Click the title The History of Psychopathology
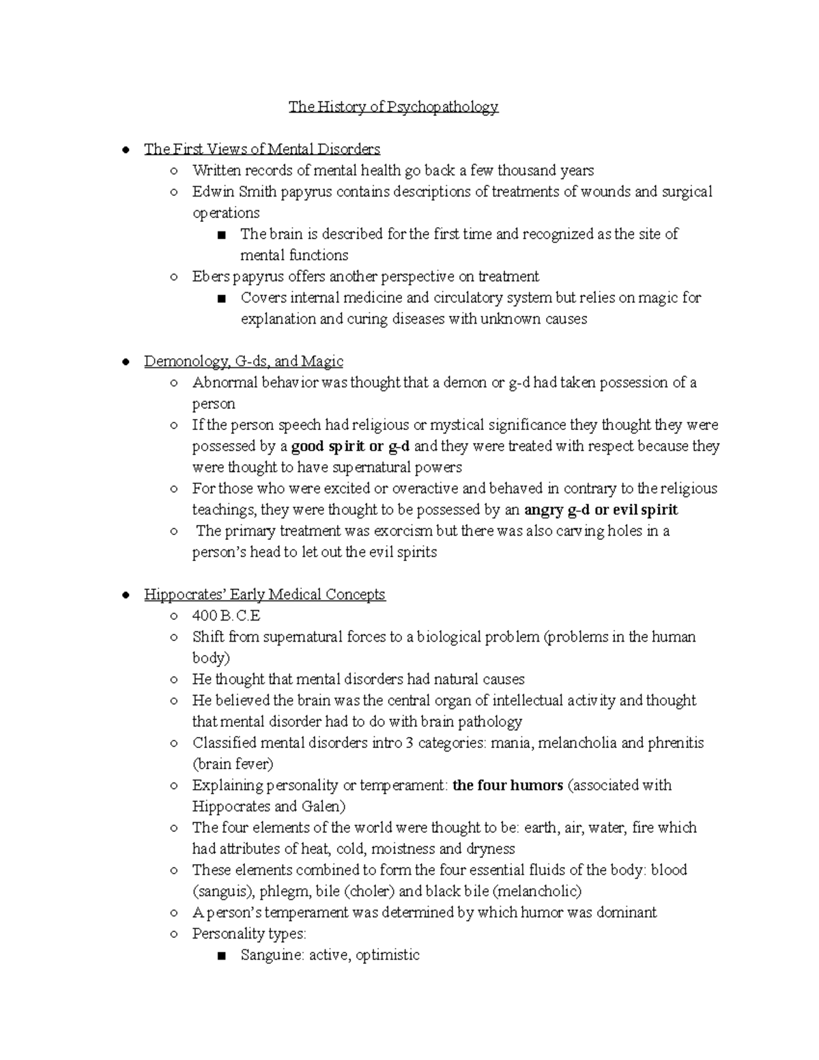coord(393,106)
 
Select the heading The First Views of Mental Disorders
coord(261,149)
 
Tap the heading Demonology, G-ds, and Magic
coord(243,361)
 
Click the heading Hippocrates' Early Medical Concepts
coord(264,595)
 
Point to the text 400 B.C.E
coord(226,616)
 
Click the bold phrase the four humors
coord(507,785)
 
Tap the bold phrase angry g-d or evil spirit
coord(601,510)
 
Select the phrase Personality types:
coord(249,934)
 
